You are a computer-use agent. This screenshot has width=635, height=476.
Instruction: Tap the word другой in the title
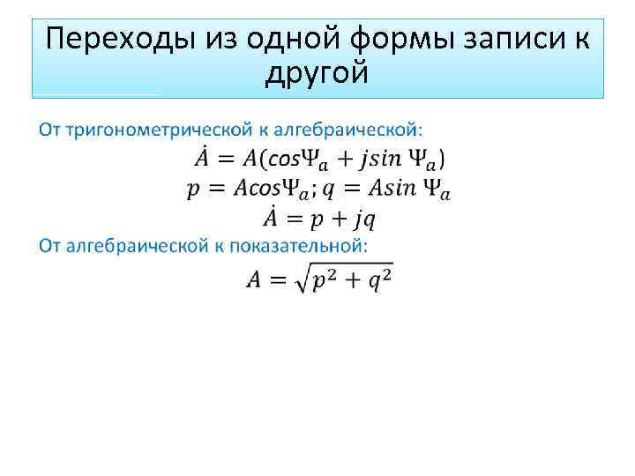click(317, 74)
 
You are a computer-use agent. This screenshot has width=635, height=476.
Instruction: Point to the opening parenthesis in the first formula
click(270, 160)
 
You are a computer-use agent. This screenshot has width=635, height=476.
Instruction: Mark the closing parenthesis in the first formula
click(441, 160)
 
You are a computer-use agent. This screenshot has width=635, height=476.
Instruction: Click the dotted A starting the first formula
click(202, 159)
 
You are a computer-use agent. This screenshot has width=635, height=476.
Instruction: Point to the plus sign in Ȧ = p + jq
click(332, 219)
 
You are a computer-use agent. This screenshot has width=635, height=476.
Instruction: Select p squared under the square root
click(324, 280)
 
